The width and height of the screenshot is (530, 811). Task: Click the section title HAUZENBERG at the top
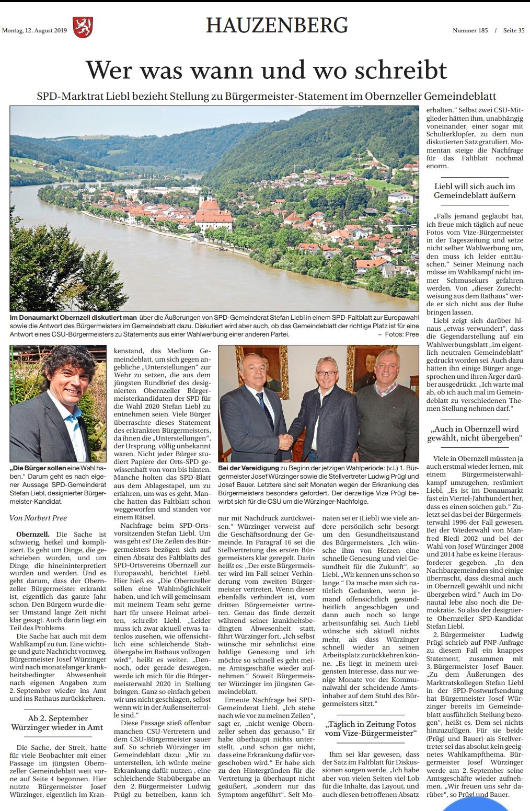pyautogui.click(x=276, y=25)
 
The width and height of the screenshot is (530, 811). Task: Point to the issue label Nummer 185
pyautogui.click(x=470, y=30)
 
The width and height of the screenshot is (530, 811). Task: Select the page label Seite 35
pyautogui.click(x=514, y=30)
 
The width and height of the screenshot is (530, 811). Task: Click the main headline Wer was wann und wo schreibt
pyautogui.click(x=266, y=70)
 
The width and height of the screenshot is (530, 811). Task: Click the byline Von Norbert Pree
pyautogui.click(x=38, y=518)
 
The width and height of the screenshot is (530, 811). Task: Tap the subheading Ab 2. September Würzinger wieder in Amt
pyautogui.click(x=57, y=723)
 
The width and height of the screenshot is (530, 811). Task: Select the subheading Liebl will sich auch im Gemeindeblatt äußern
pyautogui.click(x=475, y=191)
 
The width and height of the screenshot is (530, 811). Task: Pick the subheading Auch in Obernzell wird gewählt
pyautogui.click(x=475, y=433)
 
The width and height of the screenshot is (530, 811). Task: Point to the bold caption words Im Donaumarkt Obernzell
pyautogui.click(x=73, y=318)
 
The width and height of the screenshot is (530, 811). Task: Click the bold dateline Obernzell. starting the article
pyautogui.click(x=33, y=535)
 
